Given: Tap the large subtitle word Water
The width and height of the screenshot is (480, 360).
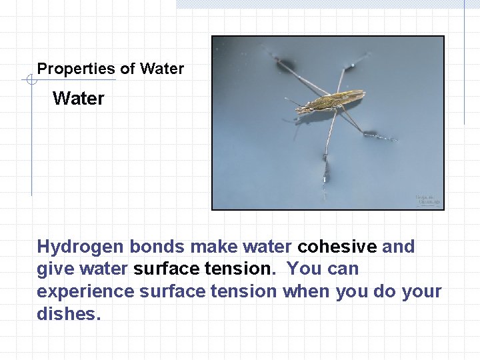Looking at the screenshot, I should coord(79,99).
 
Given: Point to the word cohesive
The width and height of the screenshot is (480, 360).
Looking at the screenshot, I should coord(337,247).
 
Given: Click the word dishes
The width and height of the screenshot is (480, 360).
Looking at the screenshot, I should coord(68,314).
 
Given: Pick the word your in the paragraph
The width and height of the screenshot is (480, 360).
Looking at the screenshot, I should coord(421,291).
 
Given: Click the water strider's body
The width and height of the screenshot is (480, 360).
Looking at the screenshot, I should coord(331,101).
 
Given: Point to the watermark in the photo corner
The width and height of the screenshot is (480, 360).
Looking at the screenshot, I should coord(427,199).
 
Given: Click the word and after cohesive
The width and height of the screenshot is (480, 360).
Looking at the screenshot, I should coord(399,247).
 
